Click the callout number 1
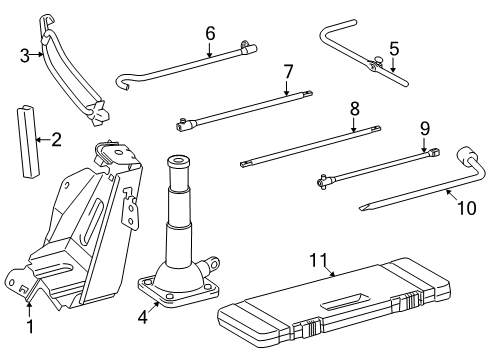point(30,327)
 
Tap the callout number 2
point(57,140)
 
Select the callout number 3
point(25,55)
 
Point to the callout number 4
point(143,317)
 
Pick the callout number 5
point(394,49)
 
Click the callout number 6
point(210,33)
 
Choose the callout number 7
point(288,72)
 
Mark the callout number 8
point(355,108)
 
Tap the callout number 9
point(425,128)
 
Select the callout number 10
point(467,208)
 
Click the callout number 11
point(319,260)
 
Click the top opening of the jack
point(178,160)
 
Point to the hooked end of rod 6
point(122,82)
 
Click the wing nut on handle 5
point(379,60)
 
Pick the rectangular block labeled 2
point(28,141)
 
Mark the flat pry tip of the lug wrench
point(364,208)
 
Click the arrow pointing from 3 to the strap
point(37,54)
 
